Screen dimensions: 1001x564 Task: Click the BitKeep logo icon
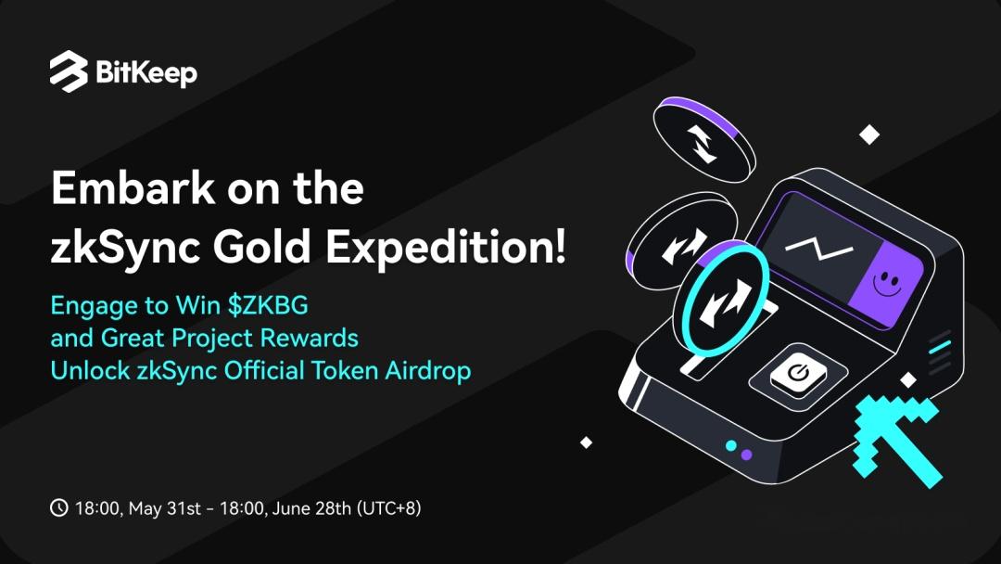69,70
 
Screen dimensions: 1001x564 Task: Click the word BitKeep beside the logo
146,73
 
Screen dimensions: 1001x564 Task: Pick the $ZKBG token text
268,305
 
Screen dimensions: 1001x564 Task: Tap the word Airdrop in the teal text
427,371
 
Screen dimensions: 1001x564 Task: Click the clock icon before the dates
58,507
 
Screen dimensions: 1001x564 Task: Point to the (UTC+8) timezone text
388,508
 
